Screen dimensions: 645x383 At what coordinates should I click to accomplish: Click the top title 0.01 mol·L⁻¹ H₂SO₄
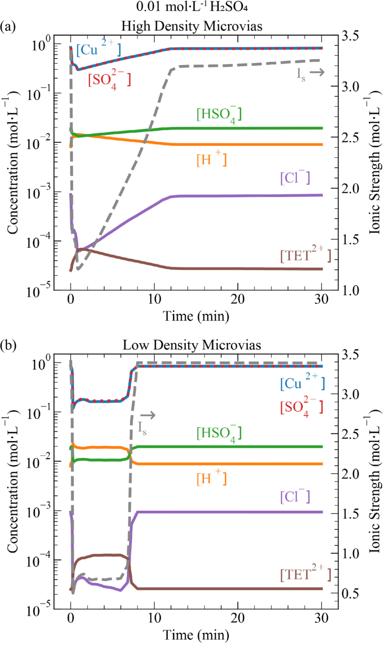192,7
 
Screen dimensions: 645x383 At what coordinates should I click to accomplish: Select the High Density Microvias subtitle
192,26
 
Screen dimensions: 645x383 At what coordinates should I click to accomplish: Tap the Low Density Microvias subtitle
192,345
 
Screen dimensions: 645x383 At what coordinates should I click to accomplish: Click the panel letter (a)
8,27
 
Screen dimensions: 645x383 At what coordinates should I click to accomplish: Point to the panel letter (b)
8,345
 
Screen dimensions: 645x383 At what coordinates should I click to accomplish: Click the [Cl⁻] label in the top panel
295,178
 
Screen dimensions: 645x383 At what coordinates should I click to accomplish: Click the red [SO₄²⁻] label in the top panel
109,80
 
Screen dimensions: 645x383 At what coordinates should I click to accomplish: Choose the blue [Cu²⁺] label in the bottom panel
302,382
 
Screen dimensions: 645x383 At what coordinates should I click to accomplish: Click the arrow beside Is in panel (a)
317,72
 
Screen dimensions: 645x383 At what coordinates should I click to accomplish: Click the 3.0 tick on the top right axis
350,86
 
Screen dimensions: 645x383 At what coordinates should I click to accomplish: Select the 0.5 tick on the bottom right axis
350,593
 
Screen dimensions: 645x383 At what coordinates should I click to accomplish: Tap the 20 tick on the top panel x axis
237,299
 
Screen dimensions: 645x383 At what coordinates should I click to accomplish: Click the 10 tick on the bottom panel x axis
154,617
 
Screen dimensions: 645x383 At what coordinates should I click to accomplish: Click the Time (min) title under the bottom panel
196,635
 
